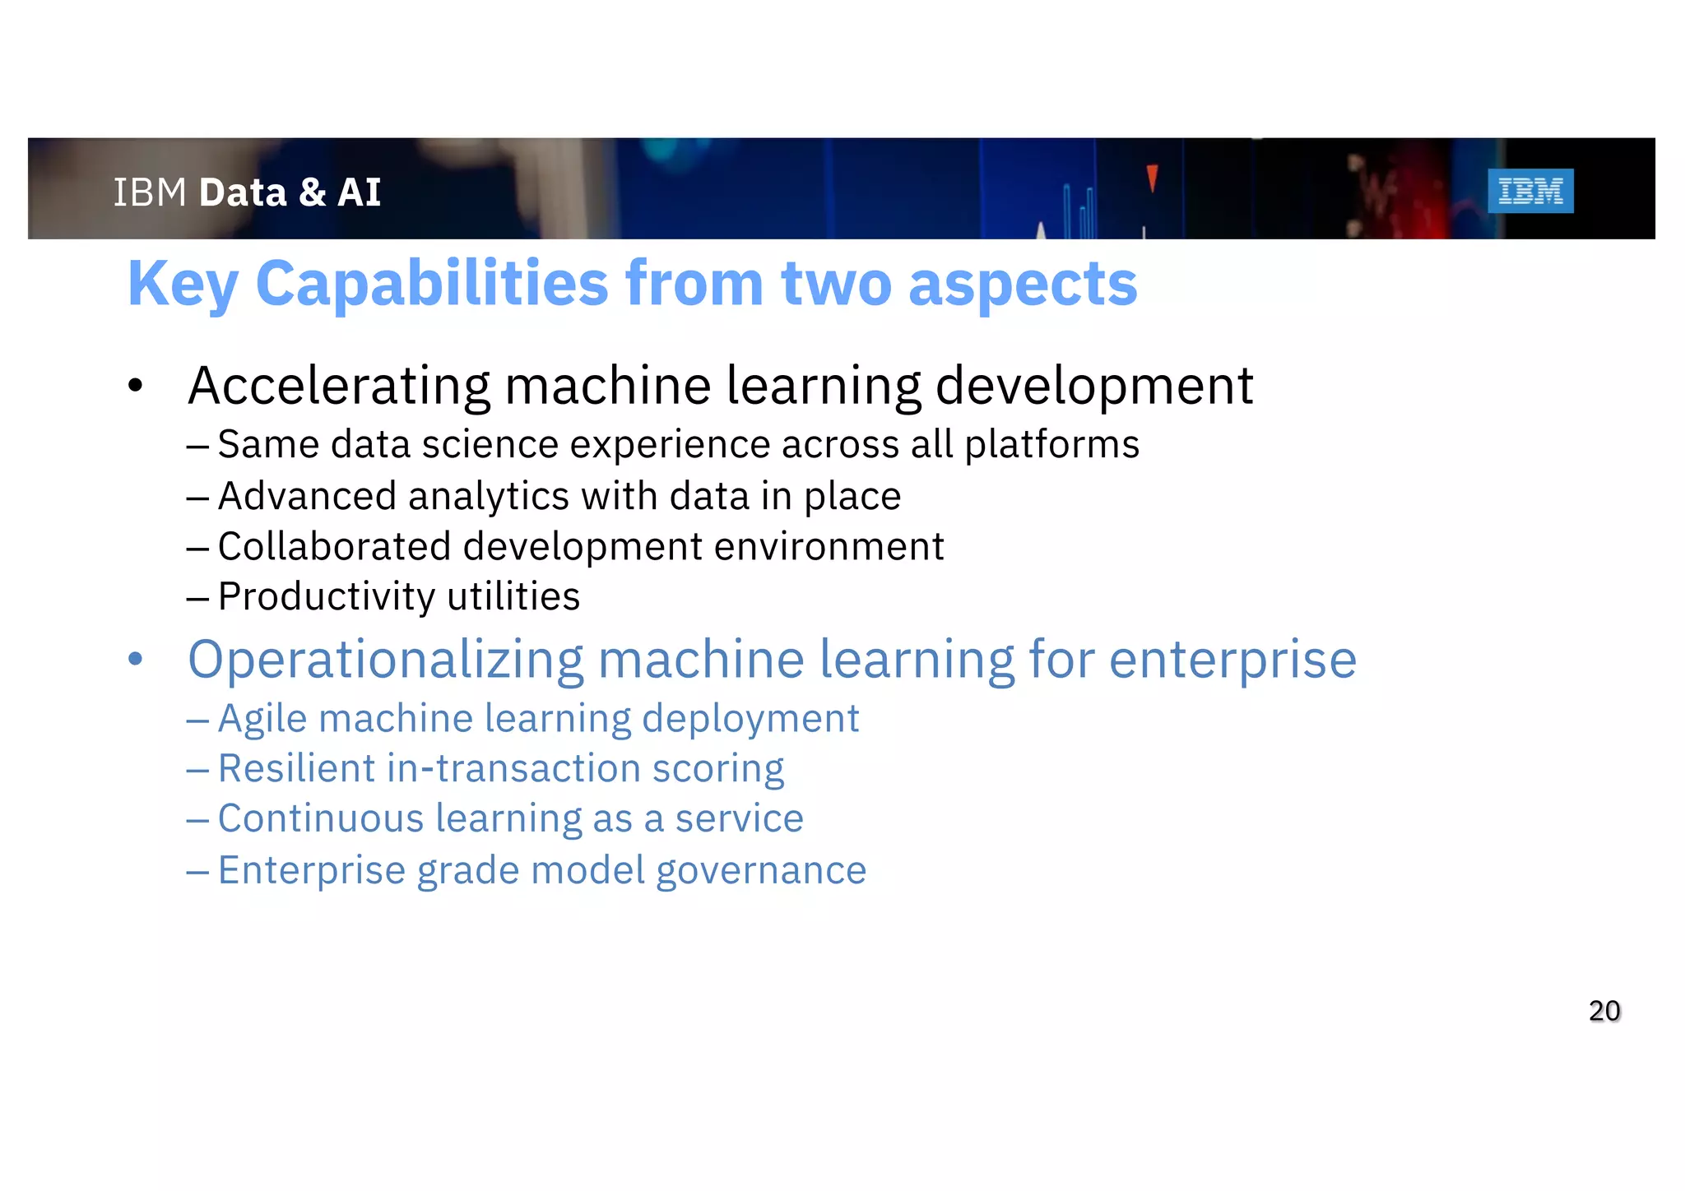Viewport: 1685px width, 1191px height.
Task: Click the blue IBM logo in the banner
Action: [x=1530, y=191]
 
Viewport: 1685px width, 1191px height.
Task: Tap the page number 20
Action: [x=1604, y=1011]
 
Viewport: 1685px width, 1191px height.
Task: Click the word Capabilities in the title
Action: [x=433, y=285]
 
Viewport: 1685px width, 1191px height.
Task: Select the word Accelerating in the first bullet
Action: [x=340, y=386]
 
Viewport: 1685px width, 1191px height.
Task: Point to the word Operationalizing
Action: [x=385, y=660]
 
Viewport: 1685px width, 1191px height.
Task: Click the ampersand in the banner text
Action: [x=313, y=192]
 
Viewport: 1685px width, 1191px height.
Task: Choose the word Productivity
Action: [x=326, y=597]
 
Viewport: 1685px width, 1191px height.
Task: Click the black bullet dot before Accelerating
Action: [x=136, y=385]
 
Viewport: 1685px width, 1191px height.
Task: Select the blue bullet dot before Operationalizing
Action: [x=136, y=659]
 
